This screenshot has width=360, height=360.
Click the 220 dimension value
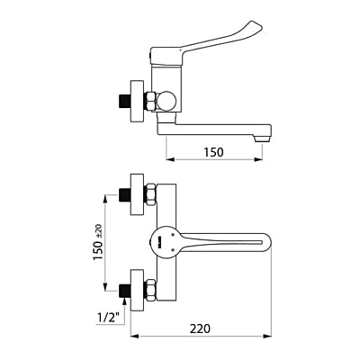pyautogui.click(x=200, y=328)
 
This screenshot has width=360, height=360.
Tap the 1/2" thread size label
pyautogui.click(x=107, y=316)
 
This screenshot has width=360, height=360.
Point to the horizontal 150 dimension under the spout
pyautogui.click(x=214, y=152)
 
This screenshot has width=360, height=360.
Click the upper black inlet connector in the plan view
pyautogui.click(x=123, y=193)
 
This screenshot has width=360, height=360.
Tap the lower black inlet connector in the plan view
pyautogui.click(x=123, y=290)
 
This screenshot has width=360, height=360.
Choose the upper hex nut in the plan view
pyautogui.click(x=151, y=193)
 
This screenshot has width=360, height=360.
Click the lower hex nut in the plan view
pyautogui.click(x=151, y=290)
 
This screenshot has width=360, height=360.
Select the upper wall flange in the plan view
pyautogui.click(x=137, y=193)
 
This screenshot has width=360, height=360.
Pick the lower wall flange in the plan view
pyautogui.click(x=137, y=290)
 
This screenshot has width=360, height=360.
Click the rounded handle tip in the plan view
pyautogui.click(x=267, y=241)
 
